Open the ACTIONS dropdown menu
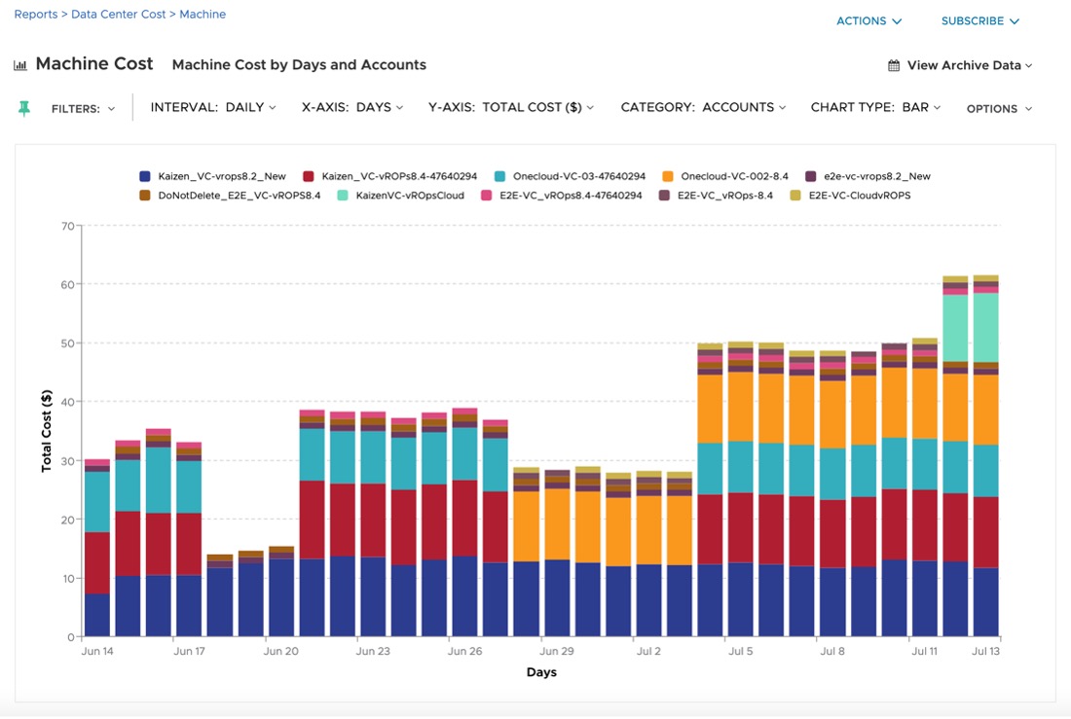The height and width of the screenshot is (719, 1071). point(868,21)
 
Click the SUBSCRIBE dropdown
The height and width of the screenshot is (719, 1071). point(979,21)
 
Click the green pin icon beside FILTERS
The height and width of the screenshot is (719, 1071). point(24,108)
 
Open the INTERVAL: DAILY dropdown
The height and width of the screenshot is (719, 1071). point(213,107)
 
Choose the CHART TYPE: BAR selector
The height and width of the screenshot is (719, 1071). point(875,107)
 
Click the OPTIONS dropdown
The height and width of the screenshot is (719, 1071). point(999,109)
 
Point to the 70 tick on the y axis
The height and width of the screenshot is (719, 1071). point(68,226)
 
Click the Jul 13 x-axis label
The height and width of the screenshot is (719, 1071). point(985,651)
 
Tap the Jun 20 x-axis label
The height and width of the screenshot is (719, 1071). point(280,651)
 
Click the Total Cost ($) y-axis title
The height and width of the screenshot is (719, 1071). point(46,431)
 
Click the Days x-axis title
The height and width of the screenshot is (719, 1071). point(541,672)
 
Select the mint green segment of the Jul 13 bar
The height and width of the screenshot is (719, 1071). point(985,327)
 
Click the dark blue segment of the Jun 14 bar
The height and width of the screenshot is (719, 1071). point(97,615)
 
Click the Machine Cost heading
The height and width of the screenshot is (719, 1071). point(94,64)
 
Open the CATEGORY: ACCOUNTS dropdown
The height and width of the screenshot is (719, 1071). point(703,107)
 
